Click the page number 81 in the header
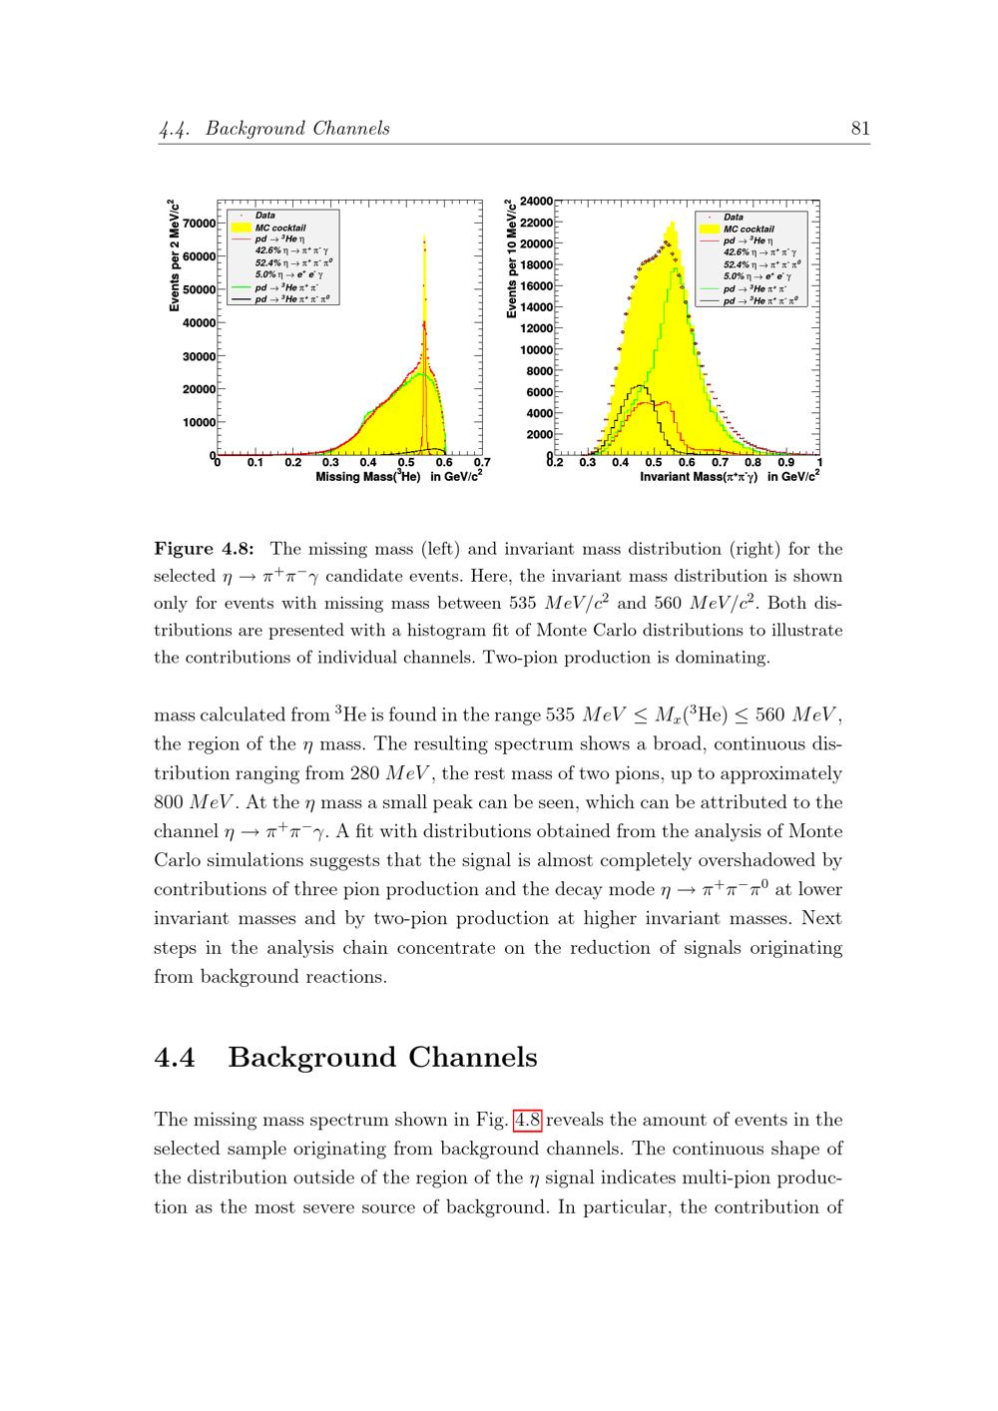click(860, 128)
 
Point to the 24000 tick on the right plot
click(538, 201)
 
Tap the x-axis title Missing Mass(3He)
click(398, 477)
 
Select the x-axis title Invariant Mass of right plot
click(729, 477)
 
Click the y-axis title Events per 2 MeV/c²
click(175, 255)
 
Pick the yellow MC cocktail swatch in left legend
click(240, 228)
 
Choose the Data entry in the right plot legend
click(734, 217)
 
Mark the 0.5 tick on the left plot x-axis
click(406, 462)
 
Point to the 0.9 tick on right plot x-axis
click(786, 462)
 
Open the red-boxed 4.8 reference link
click(527, 1120)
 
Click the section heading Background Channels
click(382, 1058)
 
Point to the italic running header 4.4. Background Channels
click(274, 129)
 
